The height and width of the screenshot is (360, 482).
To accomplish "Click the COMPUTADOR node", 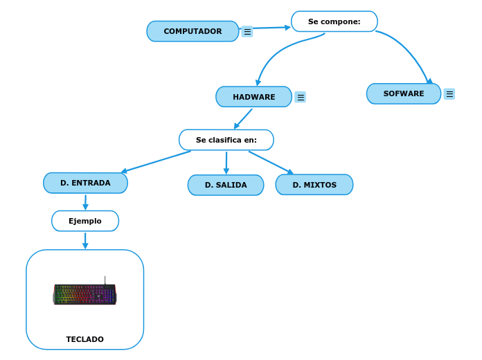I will [193, 31].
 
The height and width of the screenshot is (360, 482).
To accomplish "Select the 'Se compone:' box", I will [334, 21].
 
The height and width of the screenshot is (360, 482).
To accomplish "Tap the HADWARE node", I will [253, 97].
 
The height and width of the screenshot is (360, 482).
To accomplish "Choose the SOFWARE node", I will [403, 93].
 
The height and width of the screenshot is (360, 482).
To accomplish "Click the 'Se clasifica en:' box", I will [226, 140].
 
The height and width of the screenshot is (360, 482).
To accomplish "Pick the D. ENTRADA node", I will [85, 183].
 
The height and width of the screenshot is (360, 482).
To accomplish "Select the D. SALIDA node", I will [225, 185].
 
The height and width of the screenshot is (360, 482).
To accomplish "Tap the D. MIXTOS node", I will [314, 185].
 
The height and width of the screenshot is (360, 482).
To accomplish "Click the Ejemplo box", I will [84, 221].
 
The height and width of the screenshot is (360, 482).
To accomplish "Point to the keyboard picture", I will [84, 294].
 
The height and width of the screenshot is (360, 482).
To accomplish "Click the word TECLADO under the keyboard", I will [84, 339].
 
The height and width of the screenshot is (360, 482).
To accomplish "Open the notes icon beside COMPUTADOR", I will [247, 32].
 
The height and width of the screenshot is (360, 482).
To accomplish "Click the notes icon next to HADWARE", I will [300, 97].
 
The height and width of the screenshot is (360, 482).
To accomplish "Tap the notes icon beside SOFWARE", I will [449, 94].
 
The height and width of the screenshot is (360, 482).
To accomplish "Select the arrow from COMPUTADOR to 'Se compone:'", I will [267, 28].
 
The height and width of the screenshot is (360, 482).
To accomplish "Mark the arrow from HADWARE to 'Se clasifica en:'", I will [243, 118].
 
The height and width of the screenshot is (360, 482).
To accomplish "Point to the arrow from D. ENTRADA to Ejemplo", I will [85, 201].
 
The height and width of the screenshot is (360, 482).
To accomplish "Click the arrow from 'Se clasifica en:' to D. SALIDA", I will [226, 163].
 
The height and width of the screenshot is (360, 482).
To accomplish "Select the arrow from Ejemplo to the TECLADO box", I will [85, 240].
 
